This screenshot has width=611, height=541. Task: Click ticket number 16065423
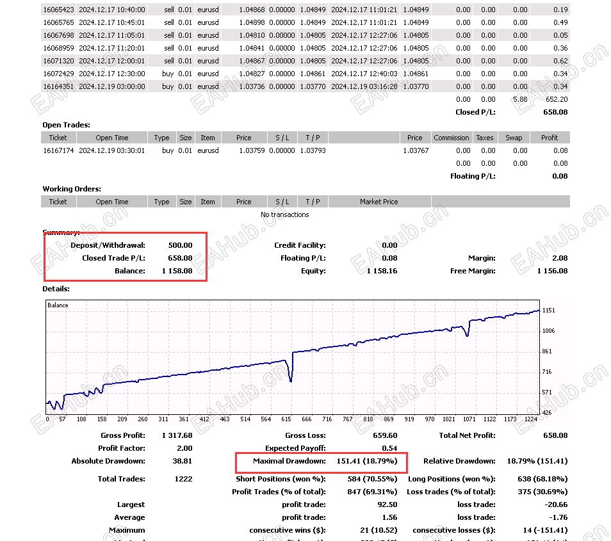tap(57, 10)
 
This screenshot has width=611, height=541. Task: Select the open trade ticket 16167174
tap(57, 150)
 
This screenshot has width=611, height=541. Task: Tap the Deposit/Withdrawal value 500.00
tap(180, 245)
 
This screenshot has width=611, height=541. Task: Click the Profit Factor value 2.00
tap(183, 448)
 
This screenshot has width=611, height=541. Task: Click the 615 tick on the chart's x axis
tap(286, 419)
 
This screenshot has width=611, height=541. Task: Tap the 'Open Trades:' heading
tap(66, 125)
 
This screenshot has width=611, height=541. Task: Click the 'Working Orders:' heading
tap(72, 189)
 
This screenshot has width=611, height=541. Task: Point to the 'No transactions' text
tap(284, 214)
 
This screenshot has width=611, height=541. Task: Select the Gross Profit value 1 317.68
tap(175, 435)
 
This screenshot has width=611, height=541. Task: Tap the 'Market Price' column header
tap(379, 202)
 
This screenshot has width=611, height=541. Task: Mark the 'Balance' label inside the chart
tap(58, 305)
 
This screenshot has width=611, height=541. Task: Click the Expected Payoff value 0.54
tap(389, 448)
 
